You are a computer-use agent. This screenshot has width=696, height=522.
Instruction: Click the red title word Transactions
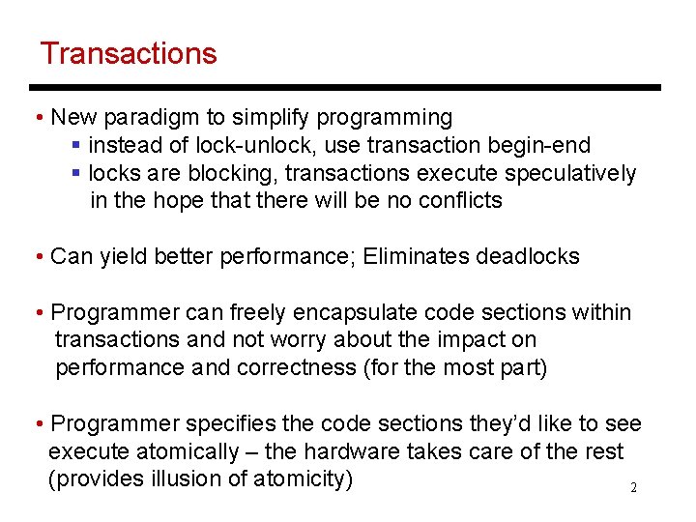[x=129, y=53]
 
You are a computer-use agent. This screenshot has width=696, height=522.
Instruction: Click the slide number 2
[x=633, y=488]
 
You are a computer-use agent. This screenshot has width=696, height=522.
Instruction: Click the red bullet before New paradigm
[x=37, y=119]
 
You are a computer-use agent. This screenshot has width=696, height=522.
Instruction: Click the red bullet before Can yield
[x=37, y=258]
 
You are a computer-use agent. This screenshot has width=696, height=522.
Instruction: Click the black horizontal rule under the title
[x=348, y=87]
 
